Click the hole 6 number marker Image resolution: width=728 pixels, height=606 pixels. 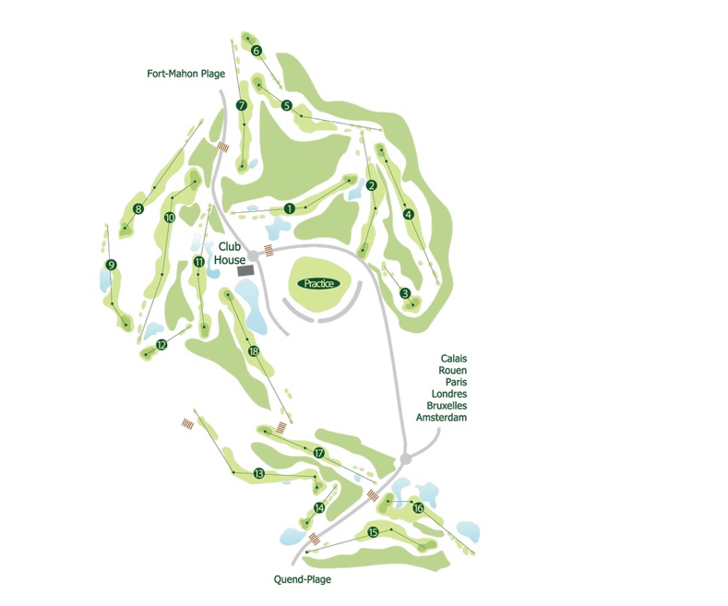[256, 51]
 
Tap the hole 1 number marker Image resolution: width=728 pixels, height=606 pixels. [290, 208]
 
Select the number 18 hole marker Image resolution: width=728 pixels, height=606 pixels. [254, 351]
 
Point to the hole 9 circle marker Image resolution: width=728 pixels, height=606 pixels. [112, 266]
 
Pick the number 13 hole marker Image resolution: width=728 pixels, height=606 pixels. [259, 473]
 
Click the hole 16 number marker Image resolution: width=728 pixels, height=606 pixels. [418, 508]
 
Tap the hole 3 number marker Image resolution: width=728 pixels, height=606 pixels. [405, 294]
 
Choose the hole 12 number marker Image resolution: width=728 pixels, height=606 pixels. [161, 345]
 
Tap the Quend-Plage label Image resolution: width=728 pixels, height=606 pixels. [302, 579]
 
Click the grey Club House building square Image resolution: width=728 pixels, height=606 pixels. [245, 270]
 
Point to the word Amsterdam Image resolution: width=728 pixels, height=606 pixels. [441, 418]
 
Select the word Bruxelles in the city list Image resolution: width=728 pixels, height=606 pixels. [448, 406]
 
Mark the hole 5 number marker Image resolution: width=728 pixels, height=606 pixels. [287, 106]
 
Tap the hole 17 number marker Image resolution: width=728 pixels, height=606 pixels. [318, 453]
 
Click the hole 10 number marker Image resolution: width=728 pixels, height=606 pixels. [170, 218]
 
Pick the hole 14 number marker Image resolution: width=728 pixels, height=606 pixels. [319, 508]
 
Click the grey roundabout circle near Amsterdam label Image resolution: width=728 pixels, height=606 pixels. [405, 459]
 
